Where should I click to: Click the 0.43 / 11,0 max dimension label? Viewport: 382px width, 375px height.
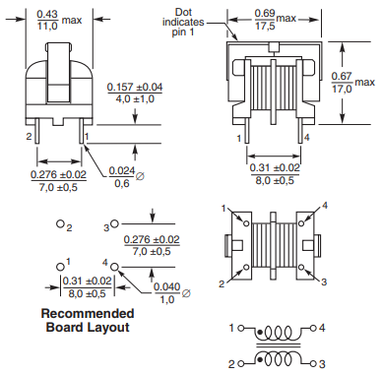point(59,20)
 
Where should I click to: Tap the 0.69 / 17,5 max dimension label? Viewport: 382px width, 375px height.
point(276,20)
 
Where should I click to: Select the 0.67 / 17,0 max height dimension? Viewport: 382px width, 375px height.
point(352,83)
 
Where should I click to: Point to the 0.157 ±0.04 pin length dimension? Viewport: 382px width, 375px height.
point(135,93)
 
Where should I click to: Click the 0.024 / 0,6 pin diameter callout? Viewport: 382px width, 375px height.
point(126,177)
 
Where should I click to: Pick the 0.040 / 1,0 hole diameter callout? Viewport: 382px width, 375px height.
point(171,293)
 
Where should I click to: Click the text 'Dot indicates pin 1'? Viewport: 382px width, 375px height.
point(183,23)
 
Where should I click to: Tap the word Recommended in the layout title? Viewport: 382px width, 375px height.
point(88,313)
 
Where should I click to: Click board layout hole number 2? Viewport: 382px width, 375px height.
point(60,224)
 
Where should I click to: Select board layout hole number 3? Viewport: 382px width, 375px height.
point(114,223)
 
